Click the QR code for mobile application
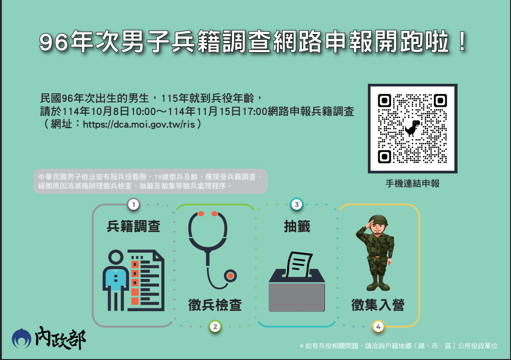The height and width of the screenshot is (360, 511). [412, 128]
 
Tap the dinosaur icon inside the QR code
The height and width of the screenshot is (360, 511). [412, 128]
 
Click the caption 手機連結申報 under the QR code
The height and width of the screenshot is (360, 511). [412, 184]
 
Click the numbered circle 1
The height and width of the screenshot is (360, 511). [133, 205]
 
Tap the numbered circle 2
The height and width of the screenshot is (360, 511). [215, 326]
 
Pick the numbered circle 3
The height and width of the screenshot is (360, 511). [296, 205]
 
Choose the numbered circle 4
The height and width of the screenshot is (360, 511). [378, 326]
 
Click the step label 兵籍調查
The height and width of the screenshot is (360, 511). [134, 226]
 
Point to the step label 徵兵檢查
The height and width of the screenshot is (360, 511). [215, 305]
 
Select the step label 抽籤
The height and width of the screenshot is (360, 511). [297, 226]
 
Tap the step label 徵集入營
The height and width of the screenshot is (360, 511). [378, 305]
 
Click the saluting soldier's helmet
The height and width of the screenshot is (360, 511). [376, 220]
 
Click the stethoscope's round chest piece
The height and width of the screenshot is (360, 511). [231, 275]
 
